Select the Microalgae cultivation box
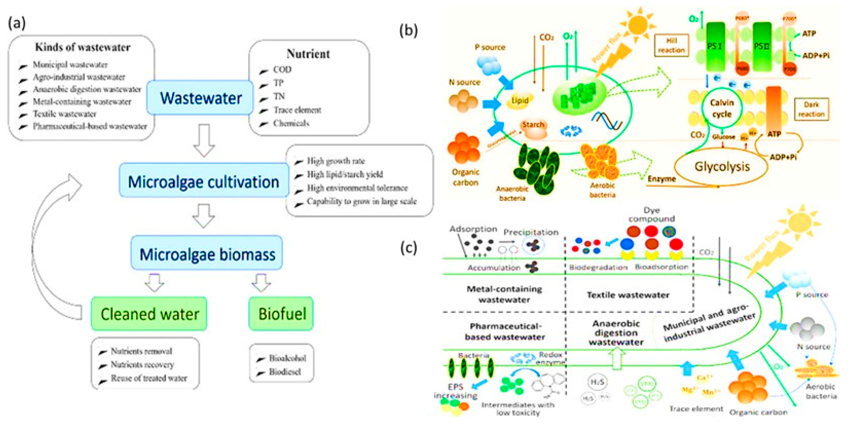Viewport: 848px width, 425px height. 203,181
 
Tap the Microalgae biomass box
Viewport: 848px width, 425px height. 207,254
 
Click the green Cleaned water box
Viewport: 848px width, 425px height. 149,313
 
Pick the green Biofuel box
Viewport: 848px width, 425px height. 281,313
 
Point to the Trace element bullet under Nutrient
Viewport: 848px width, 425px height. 297,110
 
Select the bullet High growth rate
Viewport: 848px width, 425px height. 335,161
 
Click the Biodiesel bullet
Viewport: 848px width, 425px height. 285,372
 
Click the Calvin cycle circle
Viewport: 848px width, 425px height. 722,108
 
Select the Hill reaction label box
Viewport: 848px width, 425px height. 671,45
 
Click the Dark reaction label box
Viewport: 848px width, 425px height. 811,109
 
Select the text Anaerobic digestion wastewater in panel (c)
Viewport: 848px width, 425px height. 616,333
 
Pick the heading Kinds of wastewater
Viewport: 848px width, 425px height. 83,47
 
